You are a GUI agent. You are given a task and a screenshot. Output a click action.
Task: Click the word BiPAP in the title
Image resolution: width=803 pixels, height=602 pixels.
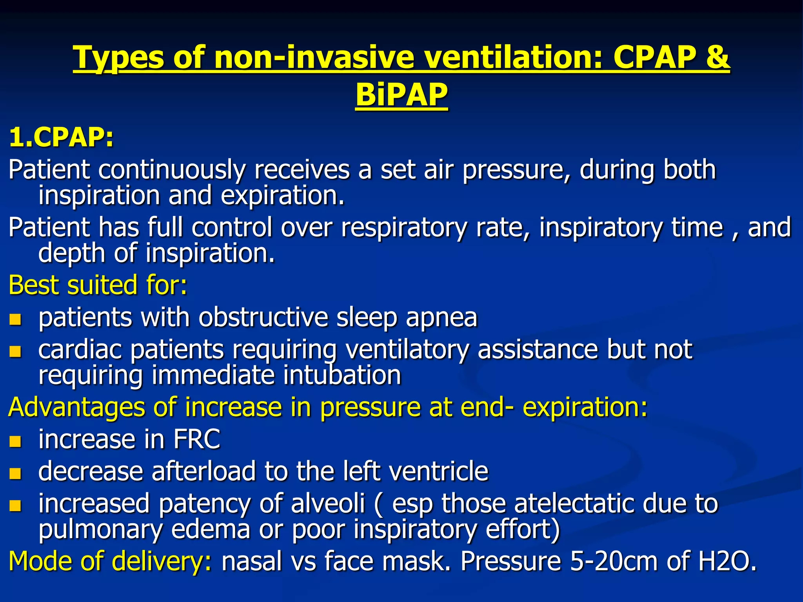click(401, 95)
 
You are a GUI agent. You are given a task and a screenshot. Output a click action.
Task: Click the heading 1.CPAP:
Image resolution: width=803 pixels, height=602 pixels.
click(61, 138)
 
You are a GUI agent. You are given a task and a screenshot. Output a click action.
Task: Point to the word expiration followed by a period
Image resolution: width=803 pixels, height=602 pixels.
click(283, 196)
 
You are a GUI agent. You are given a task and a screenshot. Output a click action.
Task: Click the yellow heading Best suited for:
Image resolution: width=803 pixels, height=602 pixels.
click(98, 285)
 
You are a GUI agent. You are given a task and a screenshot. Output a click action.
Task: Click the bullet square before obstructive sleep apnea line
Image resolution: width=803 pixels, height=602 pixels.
click(15, 319)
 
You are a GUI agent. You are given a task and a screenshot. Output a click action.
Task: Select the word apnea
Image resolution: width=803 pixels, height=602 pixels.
click(441, 317)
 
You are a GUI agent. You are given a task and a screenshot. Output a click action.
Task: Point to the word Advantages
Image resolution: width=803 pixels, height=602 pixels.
click(76, 407)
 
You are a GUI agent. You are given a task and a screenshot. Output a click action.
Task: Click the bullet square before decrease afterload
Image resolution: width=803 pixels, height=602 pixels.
click(15, 473)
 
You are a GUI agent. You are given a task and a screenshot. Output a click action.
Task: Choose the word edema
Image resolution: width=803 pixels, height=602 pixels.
click(211, 529)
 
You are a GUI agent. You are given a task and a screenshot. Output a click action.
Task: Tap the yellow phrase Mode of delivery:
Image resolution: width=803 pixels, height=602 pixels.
click(110, 561)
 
